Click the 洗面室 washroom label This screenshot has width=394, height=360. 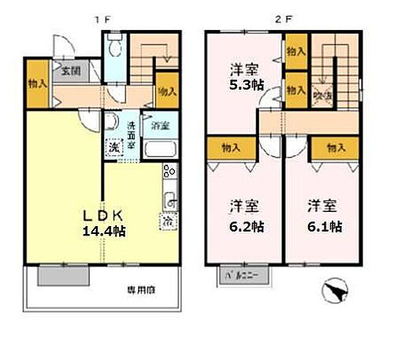(x=132, y=129)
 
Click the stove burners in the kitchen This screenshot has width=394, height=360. (x=169, y=171)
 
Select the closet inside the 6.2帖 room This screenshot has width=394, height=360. (x=232, y=147)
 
